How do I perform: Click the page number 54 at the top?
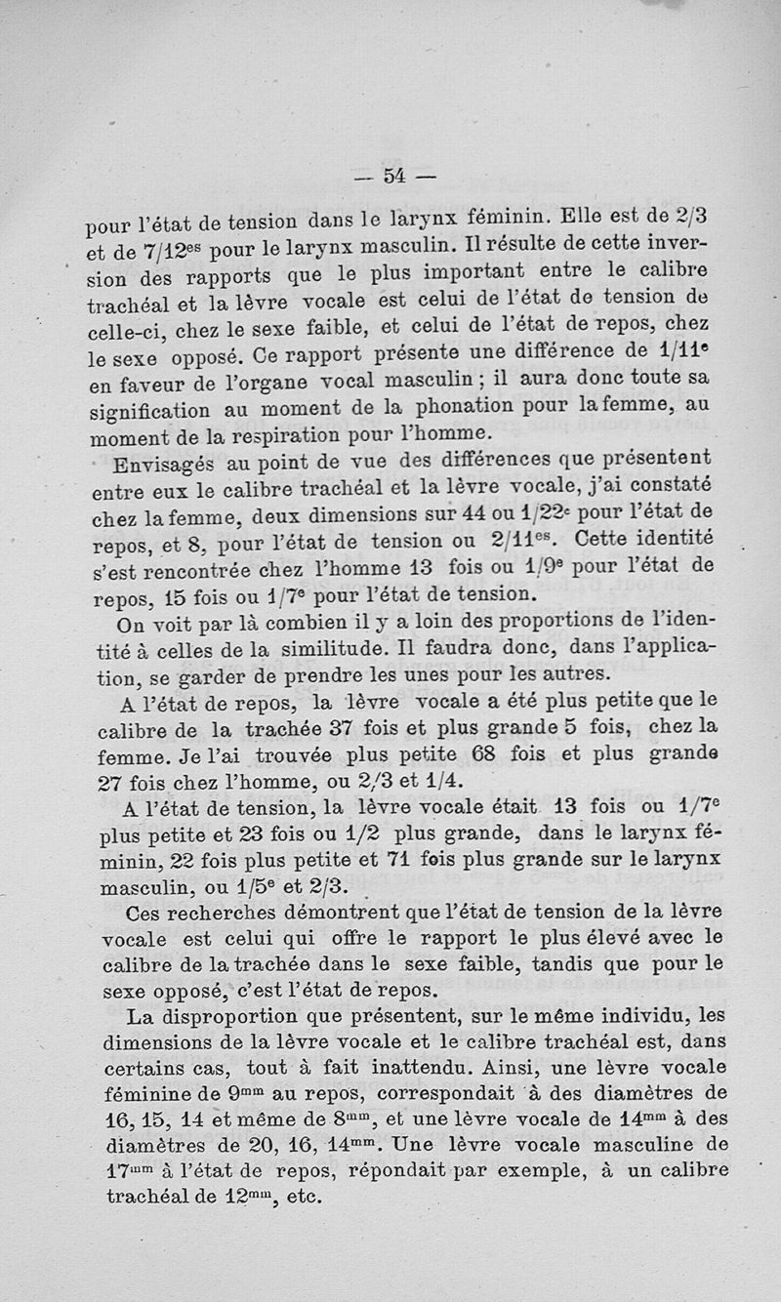[x=394, y=176]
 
